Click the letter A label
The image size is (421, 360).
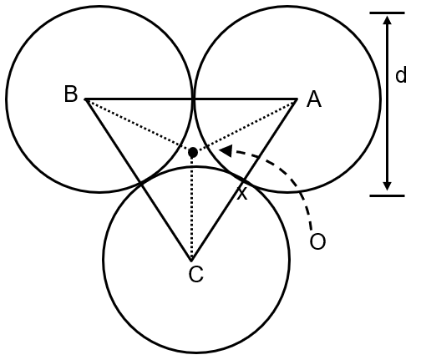click(x=313, y=99)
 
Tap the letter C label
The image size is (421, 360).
click(x=195, y=274)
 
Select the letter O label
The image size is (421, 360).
click(x=317, y=241)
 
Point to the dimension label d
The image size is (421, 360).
click(x=401, y=76)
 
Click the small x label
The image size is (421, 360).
click(x=243, y=194)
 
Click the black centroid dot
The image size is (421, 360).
click(x=193, y=153)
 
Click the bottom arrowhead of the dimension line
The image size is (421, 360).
click(x=387, y=186)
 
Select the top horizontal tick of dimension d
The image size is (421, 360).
click(x=387, y=13)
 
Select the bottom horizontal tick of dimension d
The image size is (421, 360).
click(x=387, y=195)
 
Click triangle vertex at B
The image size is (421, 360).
click(x=87, y=99)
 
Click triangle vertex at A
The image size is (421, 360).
click(x=297, y=99)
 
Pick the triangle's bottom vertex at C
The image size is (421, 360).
click(x=192, y=258)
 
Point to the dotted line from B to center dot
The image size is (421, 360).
click(x=138, y=125)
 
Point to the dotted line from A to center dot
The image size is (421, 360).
click(x=246, y=125)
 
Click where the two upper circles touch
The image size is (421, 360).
click(x=194, y=99)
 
